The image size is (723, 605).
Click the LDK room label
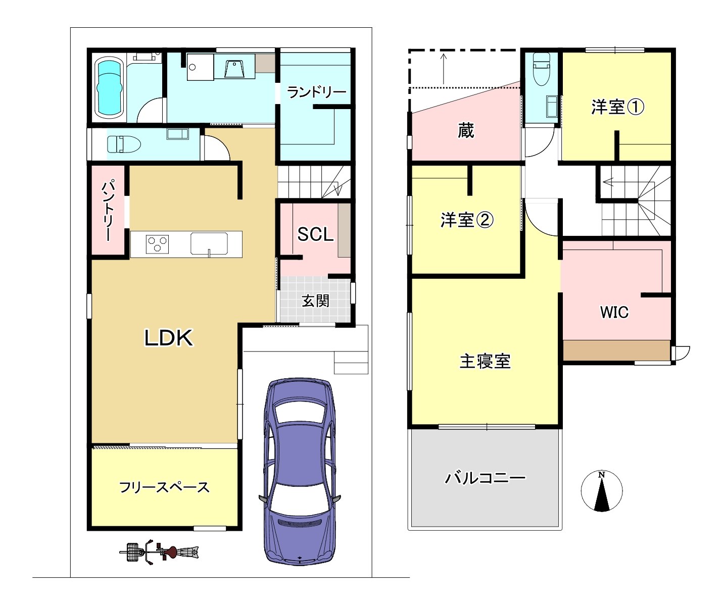click(169, 338)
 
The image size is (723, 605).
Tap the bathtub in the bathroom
click(110, 87)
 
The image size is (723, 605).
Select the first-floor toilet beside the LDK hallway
click(124, 144)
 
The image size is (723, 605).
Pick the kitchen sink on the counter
click(209, 243)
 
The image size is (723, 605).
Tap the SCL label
click(315, 234)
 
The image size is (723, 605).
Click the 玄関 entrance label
click(315, 301)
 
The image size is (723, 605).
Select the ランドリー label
click(316, 92)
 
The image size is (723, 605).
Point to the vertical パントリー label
click(108, 210)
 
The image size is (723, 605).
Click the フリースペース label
click(165, 487)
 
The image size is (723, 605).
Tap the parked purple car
click(300, 476)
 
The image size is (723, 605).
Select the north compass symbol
click(601, 491)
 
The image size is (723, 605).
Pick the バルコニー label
click(485, 478)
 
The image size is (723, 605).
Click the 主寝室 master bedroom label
click(485, 362)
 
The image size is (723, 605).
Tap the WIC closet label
click(614, 312)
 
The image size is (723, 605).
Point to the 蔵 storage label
click(466, 130)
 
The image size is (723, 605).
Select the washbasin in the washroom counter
click(234, 69)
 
